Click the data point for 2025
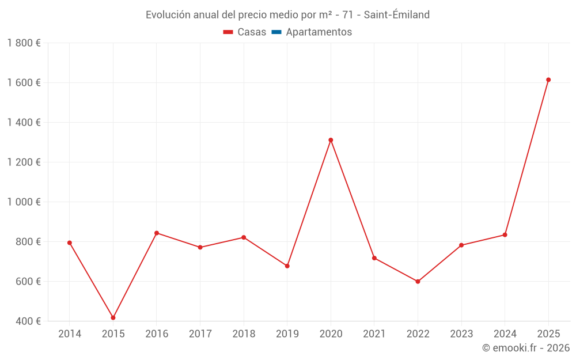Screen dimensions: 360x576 [x=548, y=80]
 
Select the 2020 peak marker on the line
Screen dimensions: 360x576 [x=331, y=140]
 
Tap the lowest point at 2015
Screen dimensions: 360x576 [x=113, y=317]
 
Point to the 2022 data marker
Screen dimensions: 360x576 [x=418, y=282]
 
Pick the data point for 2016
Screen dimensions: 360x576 [x=157, y=233]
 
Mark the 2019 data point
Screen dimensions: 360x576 [x=287, y=266]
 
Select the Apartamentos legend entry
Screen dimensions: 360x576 [x=319, y=32]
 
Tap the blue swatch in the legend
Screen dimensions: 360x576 [x=276, y=32]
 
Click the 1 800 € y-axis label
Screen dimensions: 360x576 [x=24, y=43]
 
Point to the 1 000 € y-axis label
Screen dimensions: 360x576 [x=24, y=202]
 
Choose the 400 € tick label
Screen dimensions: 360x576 [x=28, y=321]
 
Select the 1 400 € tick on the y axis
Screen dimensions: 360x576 [x=24, y=123]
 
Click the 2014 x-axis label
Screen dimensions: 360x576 [x=70, y=334]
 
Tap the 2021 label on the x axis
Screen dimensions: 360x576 [x=374, y=334]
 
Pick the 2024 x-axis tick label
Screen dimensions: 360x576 [x=505, y=334]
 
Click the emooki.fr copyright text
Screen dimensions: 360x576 [x=525, y=348]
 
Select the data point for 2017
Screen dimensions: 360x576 [x=200, y=248]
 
